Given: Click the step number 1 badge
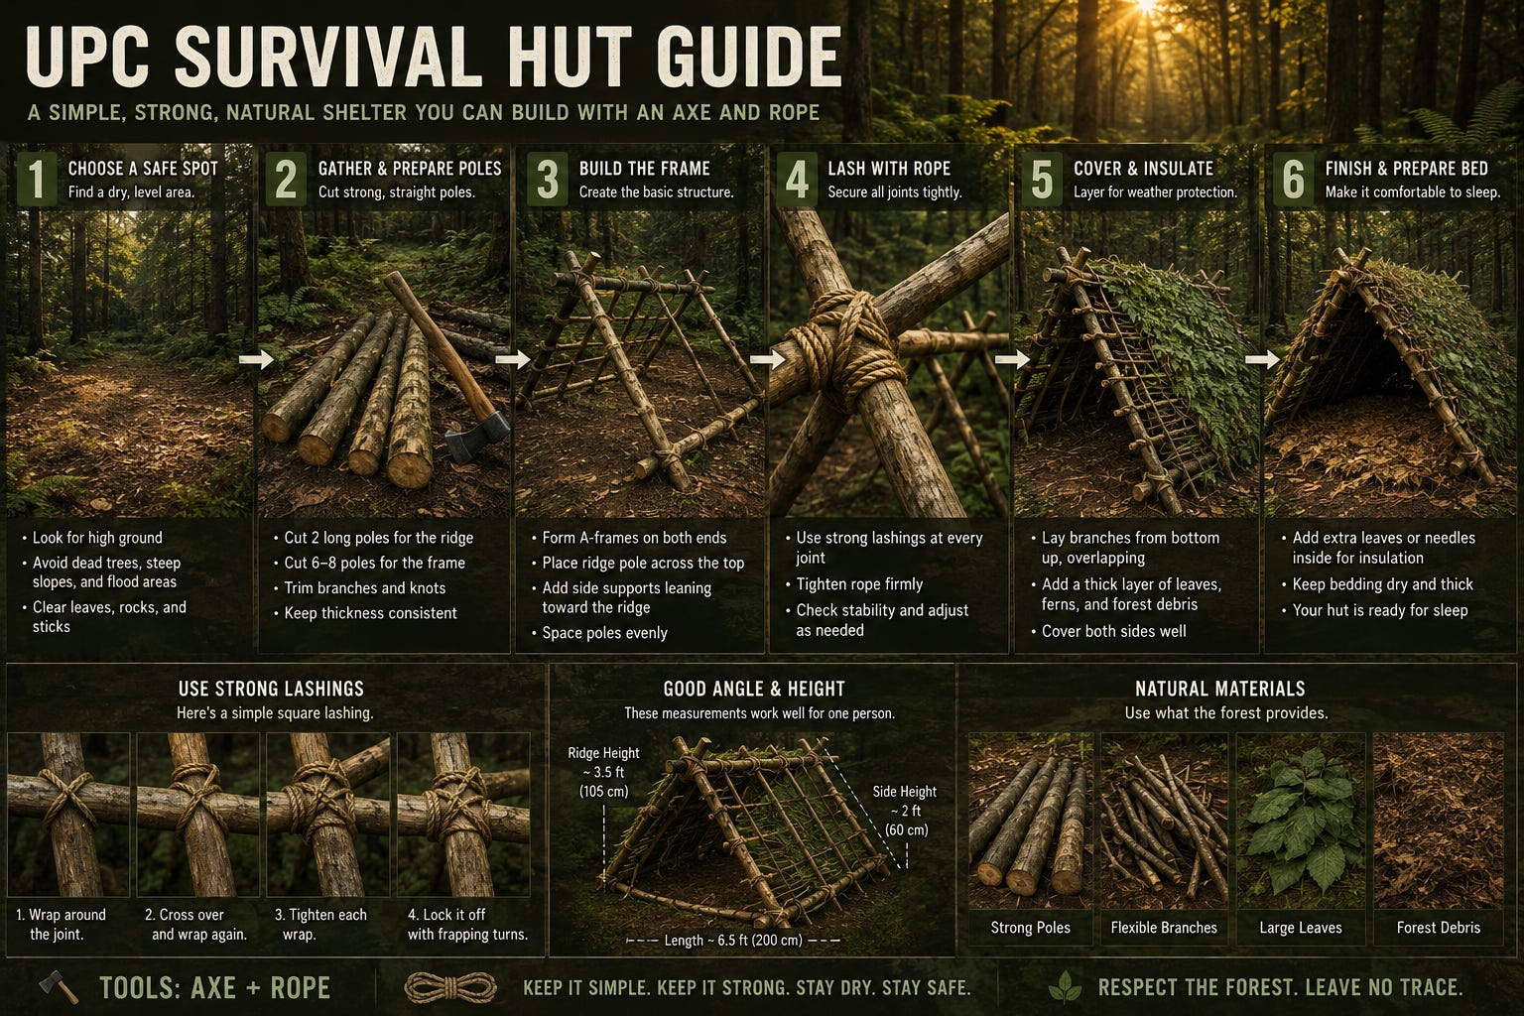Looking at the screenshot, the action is [36, 179].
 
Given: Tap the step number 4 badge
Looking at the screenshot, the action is [796, 179].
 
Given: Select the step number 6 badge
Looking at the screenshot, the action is [1294, 179].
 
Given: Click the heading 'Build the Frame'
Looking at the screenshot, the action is [644, 169].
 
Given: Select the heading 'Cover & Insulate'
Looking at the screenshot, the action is [1143, 169].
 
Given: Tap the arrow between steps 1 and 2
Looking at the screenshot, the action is [257, 359].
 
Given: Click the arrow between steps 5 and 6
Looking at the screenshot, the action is [1263, 359].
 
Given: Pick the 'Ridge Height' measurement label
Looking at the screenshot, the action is [603, 772].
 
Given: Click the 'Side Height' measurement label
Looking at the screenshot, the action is [905, 811].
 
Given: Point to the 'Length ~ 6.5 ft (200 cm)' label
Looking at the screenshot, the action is [733, 941].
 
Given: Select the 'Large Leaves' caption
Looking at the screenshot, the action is [1300, 928].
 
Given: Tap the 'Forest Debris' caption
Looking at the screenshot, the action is [1439, 928].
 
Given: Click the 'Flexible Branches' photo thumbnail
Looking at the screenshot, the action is [1164, 821].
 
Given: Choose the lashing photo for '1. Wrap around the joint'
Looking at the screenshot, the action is [68, 815].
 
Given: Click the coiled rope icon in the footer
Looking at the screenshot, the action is [450, 987].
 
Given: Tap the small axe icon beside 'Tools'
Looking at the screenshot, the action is [59, 987].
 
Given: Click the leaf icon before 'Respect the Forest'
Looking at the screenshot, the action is [1065, 987].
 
